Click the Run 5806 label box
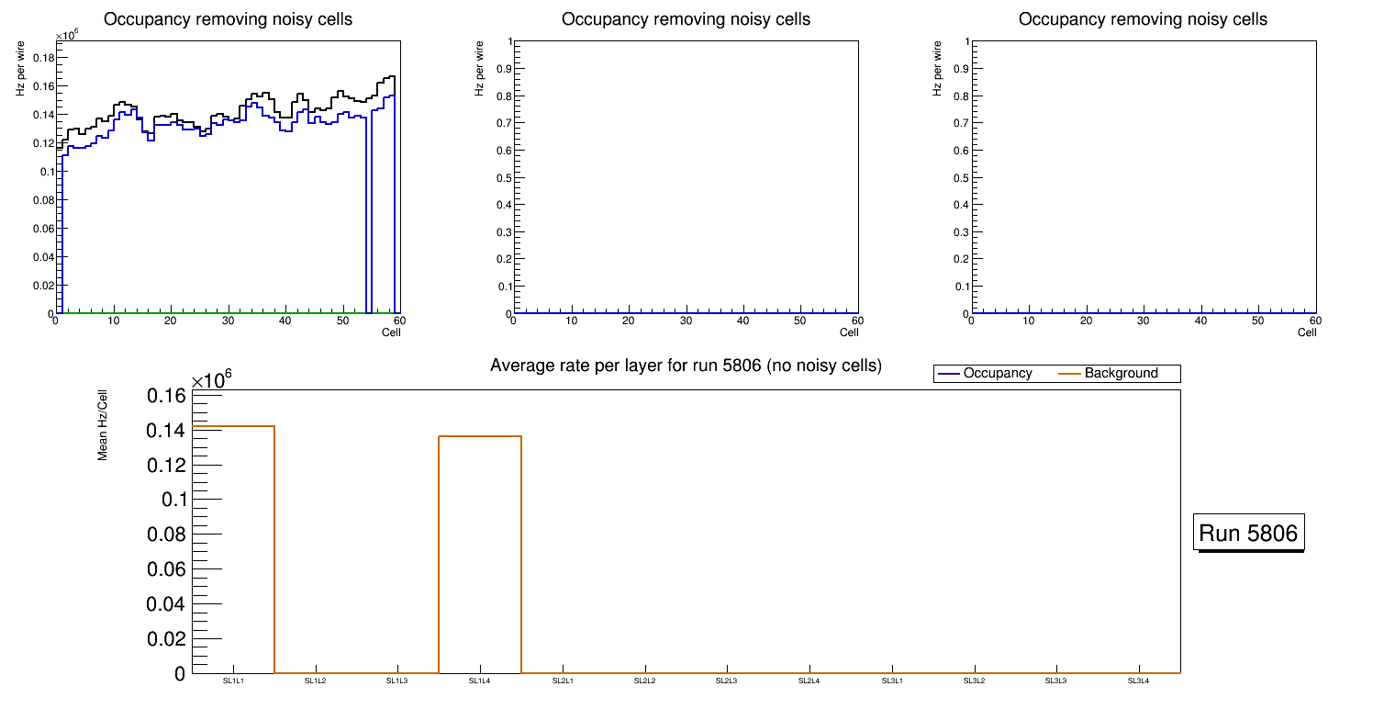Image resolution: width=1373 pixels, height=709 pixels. tap(1249, 533)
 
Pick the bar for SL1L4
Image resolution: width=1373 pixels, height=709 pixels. tap(480, 555)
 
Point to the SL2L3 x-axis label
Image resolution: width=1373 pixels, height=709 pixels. tap(727, 681)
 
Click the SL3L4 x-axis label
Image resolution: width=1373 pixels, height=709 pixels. tap(1138, 681)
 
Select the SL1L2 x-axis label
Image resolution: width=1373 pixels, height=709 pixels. tap(316, 681)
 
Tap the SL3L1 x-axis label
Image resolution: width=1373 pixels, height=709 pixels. tap(891, 681)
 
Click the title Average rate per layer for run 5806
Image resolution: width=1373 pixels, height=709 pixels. tap(686, 366)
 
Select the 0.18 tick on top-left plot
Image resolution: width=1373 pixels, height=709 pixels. tap(43, 58)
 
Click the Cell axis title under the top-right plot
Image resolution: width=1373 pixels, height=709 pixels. tap(1307, 332)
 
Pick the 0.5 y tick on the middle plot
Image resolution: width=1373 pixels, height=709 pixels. tap(501, 177)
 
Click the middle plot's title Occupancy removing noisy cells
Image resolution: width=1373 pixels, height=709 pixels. tap(686, 19)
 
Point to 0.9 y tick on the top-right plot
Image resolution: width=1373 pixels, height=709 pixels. tap(959, 69)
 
